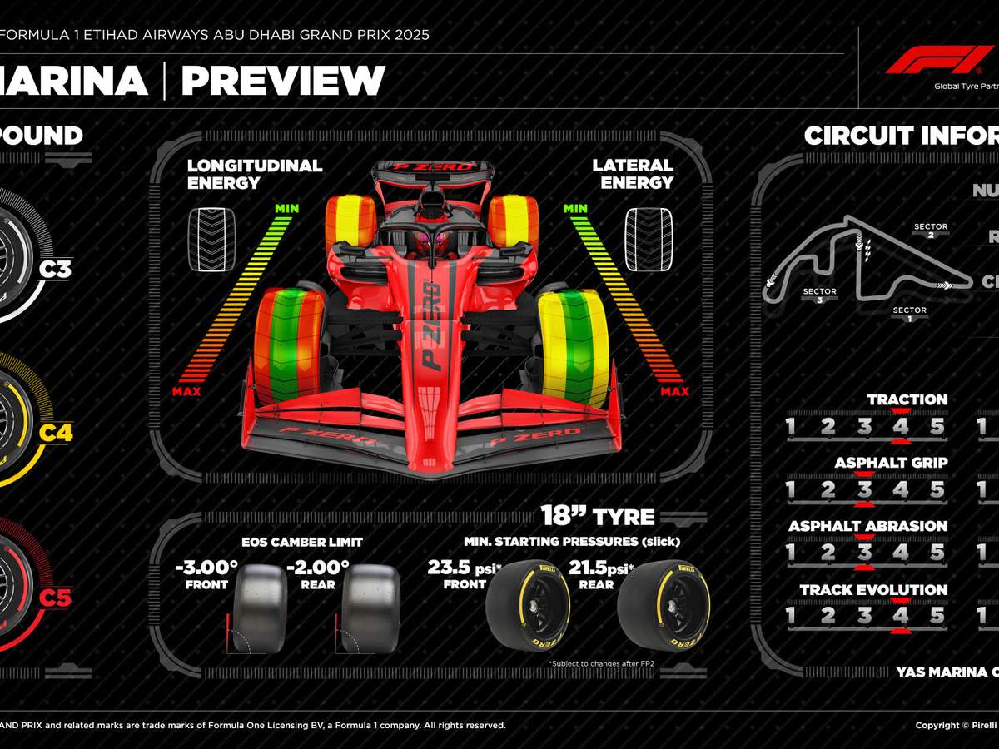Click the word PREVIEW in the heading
click(283, 82)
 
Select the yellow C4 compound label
click(57, 433)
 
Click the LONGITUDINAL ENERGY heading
click(254, 173)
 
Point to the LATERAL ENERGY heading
click(633, 173)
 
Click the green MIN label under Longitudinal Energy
click(286, 208)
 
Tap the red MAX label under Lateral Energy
click(674, 392)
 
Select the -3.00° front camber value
click(206, 568)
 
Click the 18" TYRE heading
click(597, 516)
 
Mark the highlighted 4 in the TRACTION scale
click(900, 428)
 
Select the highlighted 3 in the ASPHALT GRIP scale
click(864, 490)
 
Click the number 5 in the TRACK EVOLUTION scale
click(937, 616)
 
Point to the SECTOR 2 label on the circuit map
click(931, 231)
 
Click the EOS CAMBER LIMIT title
click(302, 542)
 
